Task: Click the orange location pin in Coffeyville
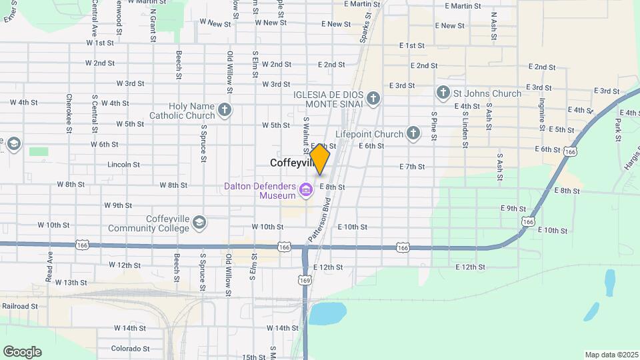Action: click(320, 159)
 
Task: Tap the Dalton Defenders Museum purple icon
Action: click(306, 191)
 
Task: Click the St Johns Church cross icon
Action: click(443, 93)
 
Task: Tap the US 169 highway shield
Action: click(305, 281)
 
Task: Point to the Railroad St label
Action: click(19, 306)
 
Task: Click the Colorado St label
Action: click(130, 348)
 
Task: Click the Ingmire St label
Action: click(542, 115)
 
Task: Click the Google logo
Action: click(22, 352)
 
